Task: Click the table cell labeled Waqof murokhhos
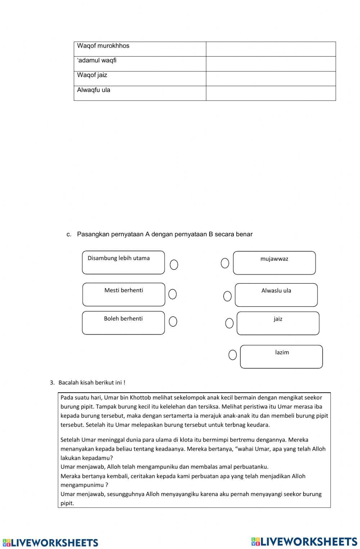coord(140,49)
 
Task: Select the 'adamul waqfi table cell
coord(140,64)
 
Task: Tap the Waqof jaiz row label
coord(140,79)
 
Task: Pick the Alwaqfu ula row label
coord(140,93)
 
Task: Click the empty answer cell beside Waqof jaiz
coord(271,79)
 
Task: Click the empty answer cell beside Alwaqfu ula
coord(271,93)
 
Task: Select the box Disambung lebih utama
coord(123,263)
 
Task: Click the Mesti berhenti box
coord(123,294)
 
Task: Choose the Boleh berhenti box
coord(123,323)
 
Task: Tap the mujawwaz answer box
coord(274,263)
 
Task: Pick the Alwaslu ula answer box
coord(276,295)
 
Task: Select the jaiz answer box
coord(278,323)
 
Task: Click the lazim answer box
coord(281,357)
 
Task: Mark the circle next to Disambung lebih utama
coord(174,265)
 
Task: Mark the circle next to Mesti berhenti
coord(172,294)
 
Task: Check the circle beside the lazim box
coord(233,355)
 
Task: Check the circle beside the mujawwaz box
coord(225,263)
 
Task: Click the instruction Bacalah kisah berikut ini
coord(92,383)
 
